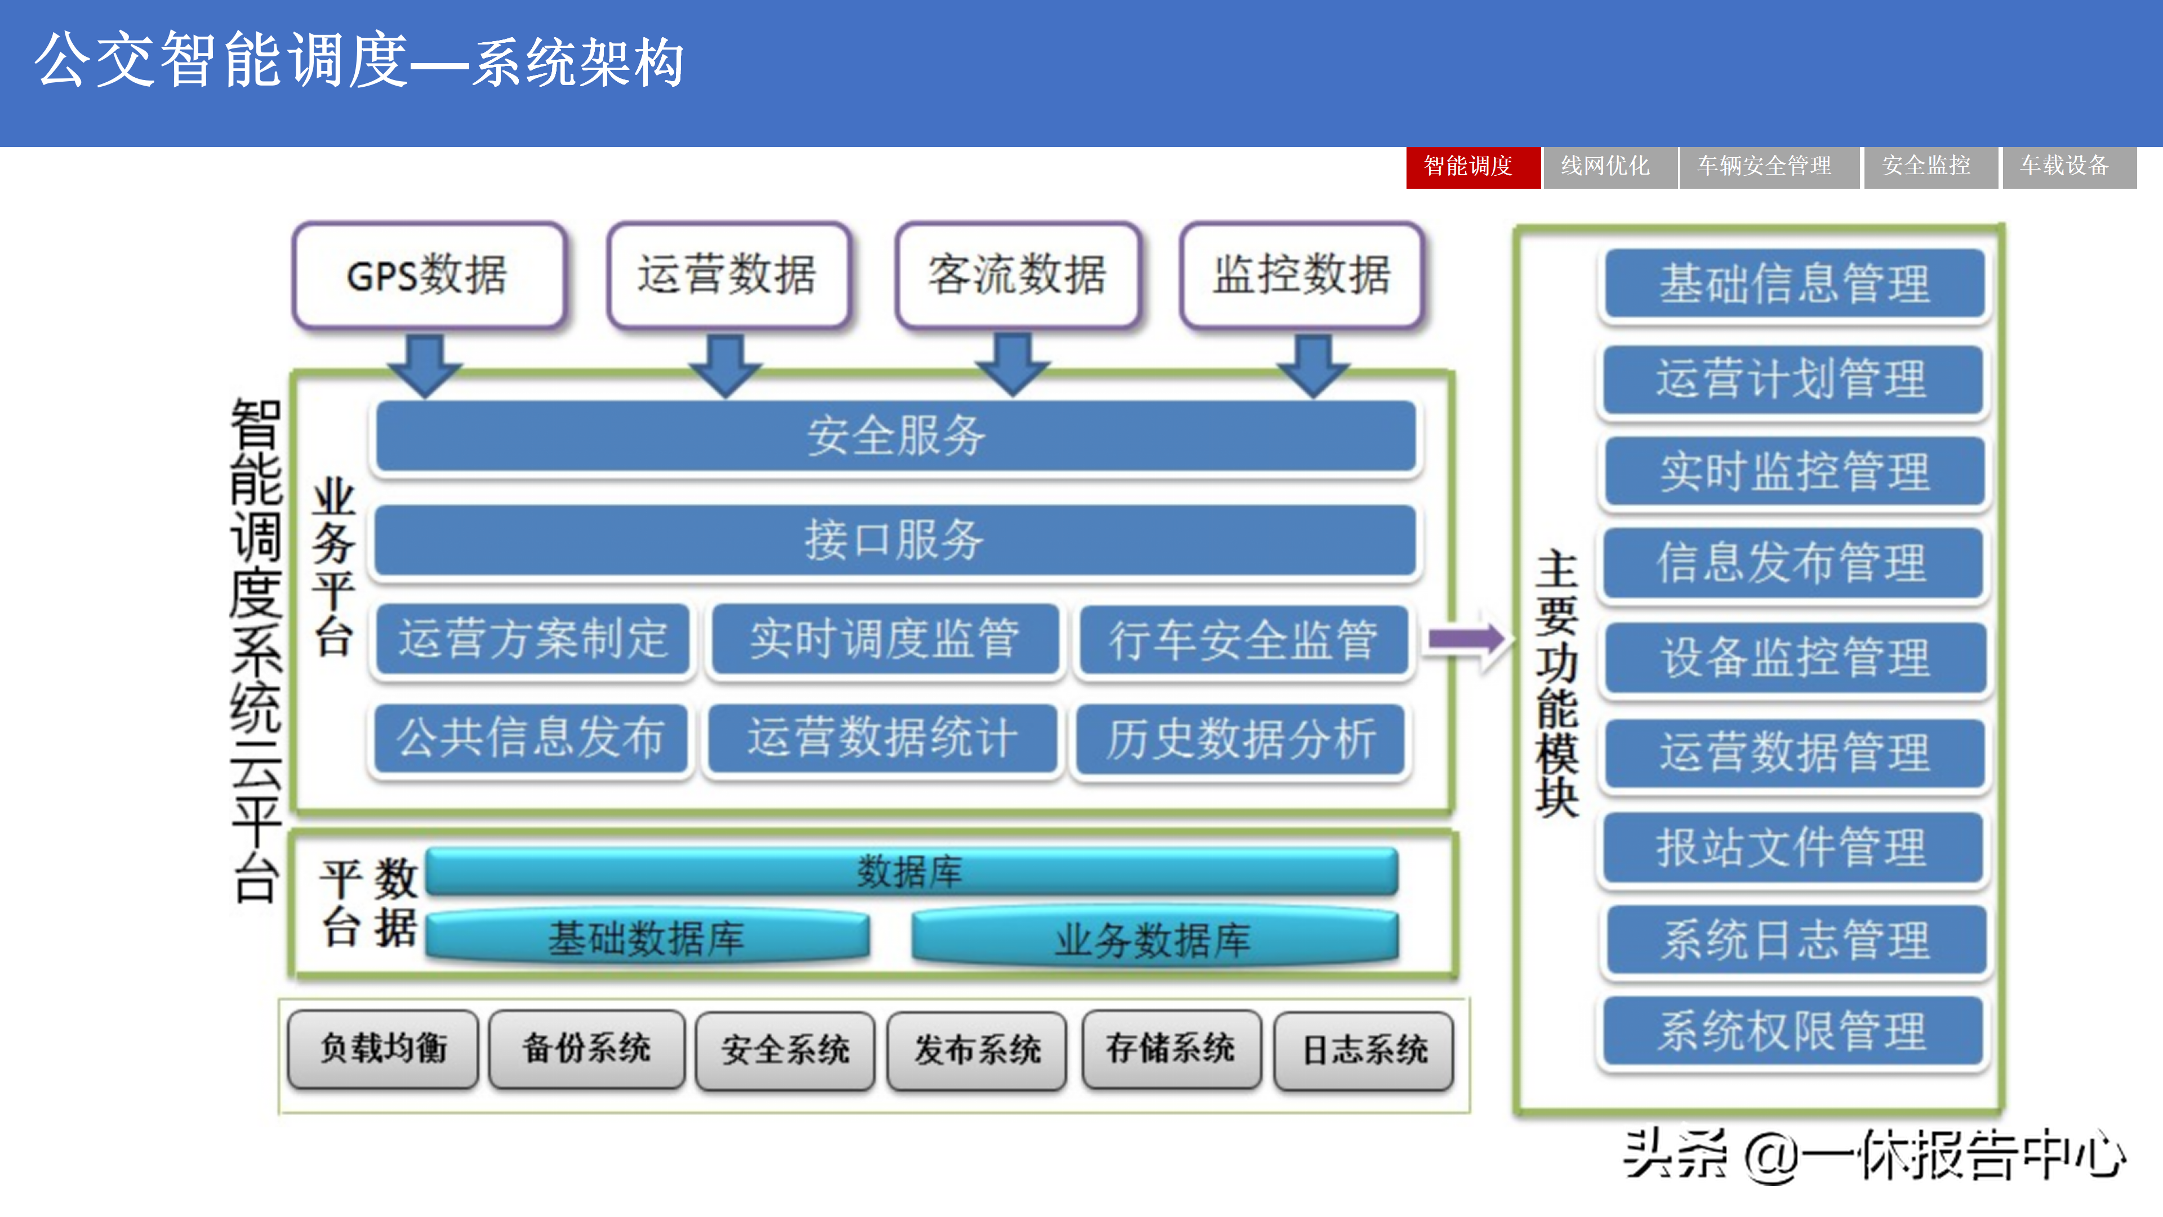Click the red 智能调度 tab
pyautogui.click(x=1472, y=166)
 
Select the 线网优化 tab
pyautogui.click(x=1608, y=166)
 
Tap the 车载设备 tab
pyautogui.click(x=2067, y=166)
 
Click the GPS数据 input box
pyautogui.click(x=428, y=274)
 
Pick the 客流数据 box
pyautogui.click(x=1017, y=274)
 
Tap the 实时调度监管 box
pyautogui.click(x=884, y=639)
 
